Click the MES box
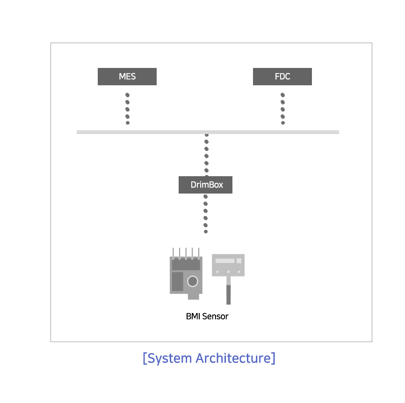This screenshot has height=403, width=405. [x=127, y=76]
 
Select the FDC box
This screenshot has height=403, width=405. [x=282, y=76]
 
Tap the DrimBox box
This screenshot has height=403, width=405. [x=205, y=185]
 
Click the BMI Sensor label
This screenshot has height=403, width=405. [x=207, y=316]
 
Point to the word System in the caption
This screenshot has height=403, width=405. [x=169, y=358]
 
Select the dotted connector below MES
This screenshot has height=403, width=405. [x=127, y=109]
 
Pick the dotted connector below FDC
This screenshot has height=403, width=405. [x=282, y=109]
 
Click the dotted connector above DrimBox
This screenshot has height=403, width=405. [x=206, y=155]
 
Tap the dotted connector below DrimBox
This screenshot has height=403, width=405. [x=206, y=214]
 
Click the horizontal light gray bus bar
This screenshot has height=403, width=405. [x=208, y=132]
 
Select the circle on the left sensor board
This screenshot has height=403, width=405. [x=192, y=281]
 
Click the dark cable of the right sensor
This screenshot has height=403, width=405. [x=228, y=295]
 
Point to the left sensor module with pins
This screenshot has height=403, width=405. [x=186, y=274]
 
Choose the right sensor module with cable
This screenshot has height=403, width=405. [x=228, y=279]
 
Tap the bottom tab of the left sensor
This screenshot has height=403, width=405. [x=193, y=297]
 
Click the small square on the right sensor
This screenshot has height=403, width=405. [x=239, y=261]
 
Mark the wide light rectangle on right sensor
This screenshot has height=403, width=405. [x=225, y=261]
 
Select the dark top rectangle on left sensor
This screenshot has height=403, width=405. [x=186, y=265]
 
